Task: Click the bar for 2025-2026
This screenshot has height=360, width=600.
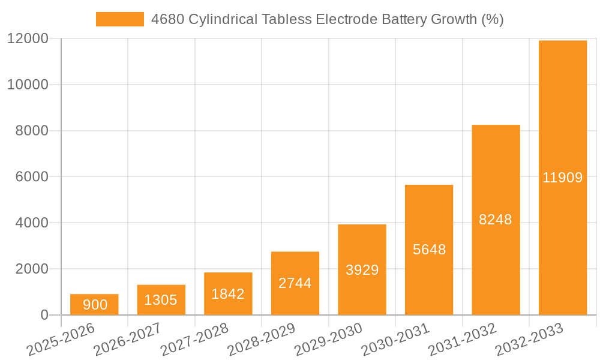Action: coord(94,304)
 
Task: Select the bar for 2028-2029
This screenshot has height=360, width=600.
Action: coord(295,283)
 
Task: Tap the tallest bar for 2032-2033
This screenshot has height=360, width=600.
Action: coord(563,178)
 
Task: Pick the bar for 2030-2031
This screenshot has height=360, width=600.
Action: coord(429,250)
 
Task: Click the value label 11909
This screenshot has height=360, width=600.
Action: coord(563,178)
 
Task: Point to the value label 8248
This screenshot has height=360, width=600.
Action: coord(496,220)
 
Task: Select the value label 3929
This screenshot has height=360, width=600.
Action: coord(362,270)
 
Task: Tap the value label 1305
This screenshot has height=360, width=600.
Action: coord(161,300)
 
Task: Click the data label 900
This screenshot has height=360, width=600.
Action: coord(95,305)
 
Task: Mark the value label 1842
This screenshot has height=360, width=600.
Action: coord(228,294)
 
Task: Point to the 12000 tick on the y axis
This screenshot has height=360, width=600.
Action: coord(28,38)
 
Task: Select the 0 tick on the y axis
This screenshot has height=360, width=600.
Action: coord(44,315)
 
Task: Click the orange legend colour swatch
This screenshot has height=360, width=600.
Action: coord(120,19)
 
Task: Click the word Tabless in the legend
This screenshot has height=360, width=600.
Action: coord(287,19)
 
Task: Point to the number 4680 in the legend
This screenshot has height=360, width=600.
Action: coord(168,19)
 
